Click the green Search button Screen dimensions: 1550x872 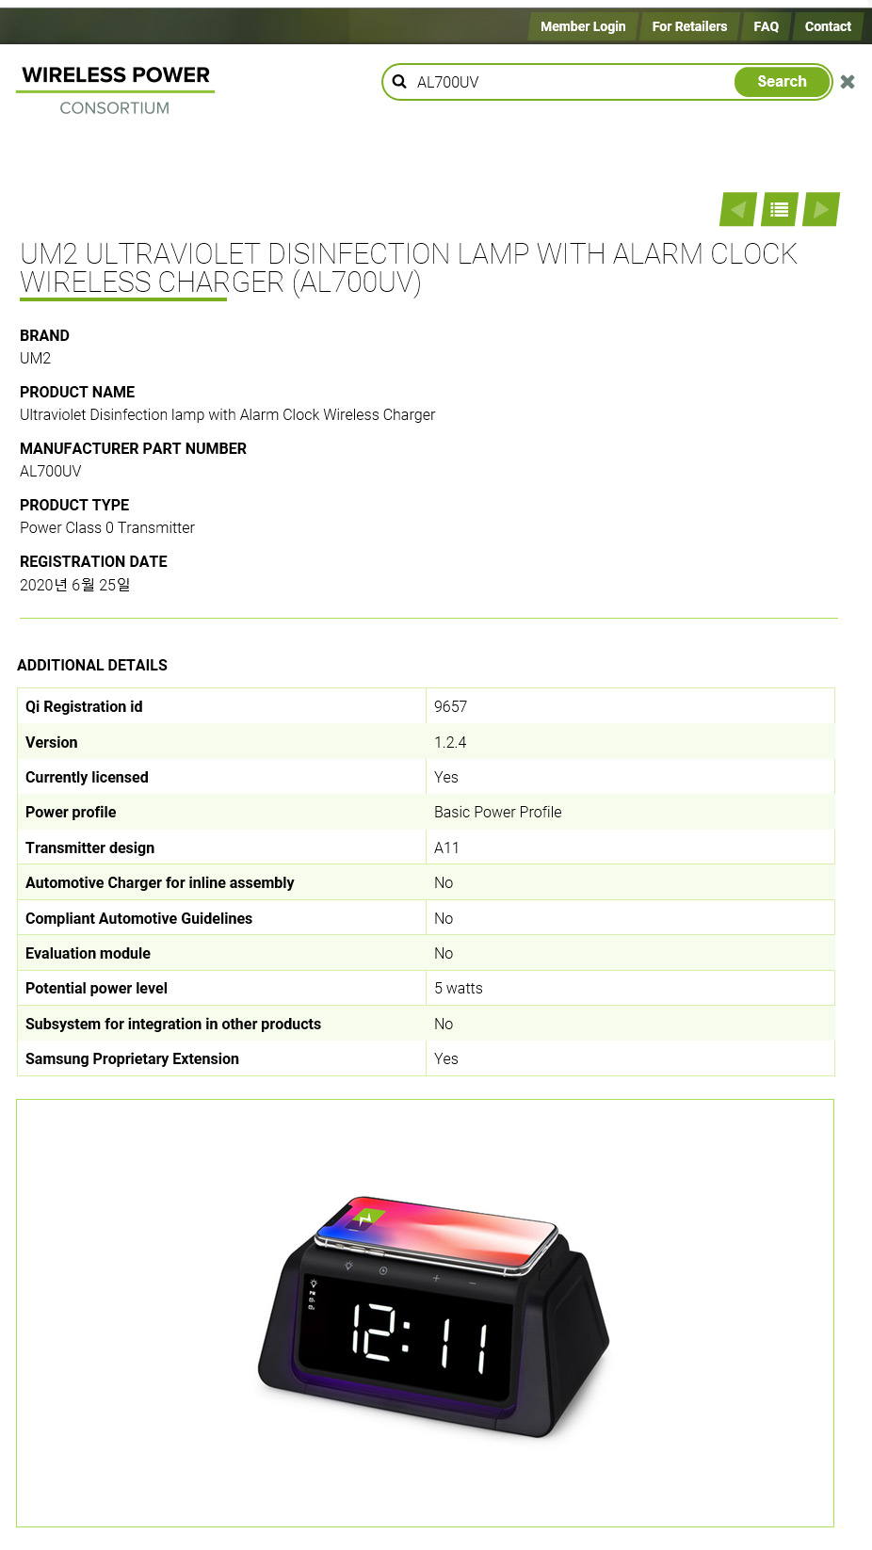782,82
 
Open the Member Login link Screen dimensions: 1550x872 582,26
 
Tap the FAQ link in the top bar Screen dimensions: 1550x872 766,26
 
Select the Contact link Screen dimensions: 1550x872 827,26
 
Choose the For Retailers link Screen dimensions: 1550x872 689,26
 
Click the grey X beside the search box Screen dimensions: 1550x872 848,82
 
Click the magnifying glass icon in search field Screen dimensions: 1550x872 399,82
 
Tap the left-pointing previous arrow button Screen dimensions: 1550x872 738,209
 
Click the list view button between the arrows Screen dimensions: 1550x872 780,209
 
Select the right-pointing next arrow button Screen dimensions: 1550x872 821,209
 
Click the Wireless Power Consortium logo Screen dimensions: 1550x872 115,89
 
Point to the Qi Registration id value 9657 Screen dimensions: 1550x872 450,706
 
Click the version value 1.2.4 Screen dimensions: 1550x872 450,742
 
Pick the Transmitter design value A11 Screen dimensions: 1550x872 446,848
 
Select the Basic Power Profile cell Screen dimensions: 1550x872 497,812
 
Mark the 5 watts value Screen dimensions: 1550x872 458,988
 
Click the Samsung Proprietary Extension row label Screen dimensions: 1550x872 132,1058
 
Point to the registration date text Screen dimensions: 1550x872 75,585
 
